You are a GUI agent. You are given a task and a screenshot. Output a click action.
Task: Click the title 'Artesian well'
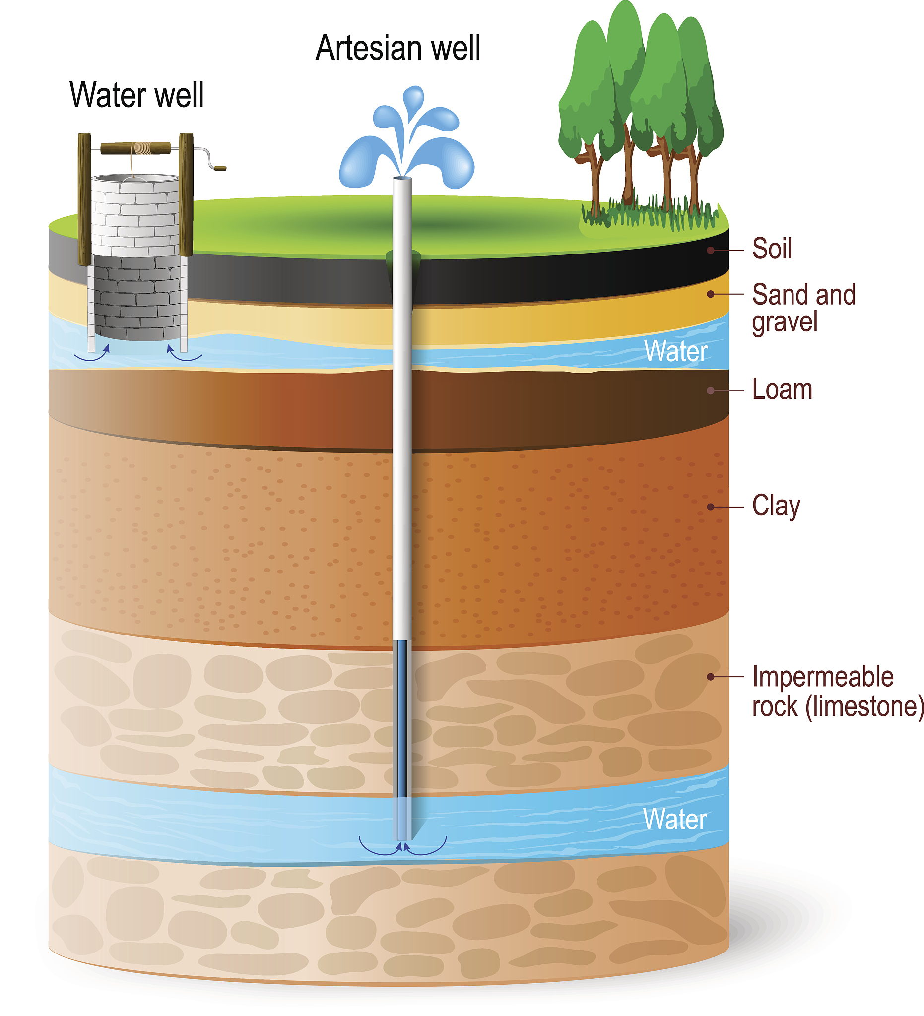point(397,49)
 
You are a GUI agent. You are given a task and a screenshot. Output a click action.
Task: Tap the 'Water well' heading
point(136,95)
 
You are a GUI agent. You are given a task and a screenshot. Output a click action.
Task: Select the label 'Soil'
point(771,249)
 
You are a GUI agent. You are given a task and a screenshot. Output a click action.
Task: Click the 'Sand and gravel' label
point(803,308)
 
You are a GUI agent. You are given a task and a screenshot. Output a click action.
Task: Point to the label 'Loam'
point(782,390)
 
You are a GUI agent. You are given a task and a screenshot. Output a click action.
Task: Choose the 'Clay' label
point(776,506)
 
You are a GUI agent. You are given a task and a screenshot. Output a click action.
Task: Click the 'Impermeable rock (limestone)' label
point(837,692)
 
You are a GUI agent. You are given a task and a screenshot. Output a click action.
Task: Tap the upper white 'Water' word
point(675,351)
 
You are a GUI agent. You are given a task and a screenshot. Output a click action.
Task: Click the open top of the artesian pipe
point(402,178)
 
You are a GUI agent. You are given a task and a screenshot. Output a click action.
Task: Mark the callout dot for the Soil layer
point(710,250)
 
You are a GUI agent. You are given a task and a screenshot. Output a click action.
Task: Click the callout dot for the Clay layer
point(710,507)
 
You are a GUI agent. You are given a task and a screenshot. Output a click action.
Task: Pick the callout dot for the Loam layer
point(710,390)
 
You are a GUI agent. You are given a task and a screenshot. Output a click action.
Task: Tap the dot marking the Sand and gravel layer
point(710,294)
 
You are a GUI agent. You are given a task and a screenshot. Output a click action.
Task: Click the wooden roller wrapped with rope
point(135,148)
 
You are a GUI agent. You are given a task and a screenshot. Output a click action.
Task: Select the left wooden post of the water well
point(84,199)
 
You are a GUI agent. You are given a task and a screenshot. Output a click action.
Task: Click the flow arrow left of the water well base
point(92,354)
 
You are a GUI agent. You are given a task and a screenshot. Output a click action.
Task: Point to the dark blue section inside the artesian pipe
point(402,716)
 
